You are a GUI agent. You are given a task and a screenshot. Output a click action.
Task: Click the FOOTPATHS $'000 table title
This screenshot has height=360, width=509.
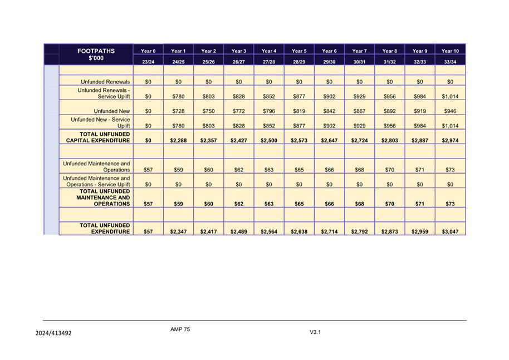[x=96, y=55]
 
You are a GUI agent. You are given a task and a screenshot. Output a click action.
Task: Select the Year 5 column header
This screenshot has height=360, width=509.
[x=299, y=51]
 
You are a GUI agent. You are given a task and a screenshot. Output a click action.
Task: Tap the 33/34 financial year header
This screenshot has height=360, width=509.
[x=450, y=62]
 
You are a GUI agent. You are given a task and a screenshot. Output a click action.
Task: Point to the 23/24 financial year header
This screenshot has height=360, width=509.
[x=148, y=62]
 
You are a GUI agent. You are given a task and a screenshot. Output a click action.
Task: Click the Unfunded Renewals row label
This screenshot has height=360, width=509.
[x=105, y=82]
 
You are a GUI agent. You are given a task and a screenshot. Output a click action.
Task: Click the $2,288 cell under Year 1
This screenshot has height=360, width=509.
[x=178, y=141]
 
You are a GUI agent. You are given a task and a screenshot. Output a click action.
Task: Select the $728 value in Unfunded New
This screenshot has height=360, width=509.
[x=178, y=111]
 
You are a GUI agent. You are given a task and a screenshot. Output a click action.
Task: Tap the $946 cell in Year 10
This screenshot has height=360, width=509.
[x=450, y=111]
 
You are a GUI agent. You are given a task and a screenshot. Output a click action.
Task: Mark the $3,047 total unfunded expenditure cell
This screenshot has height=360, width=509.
[x=450, y=231]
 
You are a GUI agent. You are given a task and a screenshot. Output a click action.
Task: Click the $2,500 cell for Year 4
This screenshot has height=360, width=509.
[x=269, y=141]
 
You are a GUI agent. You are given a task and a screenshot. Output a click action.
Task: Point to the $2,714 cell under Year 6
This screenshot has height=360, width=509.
[x=329, y=231]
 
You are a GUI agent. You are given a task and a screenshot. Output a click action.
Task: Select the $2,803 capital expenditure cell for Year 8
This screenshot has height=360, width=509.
[x=390, y=141]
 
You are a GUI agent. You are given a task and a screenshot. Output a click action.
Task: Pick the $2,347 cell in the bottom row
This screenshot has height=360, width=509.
[x=178, y=231]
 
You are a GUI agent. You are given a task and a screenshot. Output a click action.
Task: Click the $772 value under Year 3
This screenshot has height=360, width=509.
[x=238, y=111]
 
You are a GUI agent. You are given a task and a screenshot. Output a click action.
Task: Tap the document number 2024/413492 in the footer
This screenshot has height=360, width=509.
[x=53, y=333]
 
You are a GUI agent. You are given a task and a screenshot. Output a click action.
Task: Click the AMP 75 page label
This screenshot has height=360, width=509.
[x=180, y=329]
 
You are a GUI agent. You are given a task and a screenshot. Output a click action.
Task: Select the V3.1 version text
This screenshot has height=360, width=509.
[x=316, y=332]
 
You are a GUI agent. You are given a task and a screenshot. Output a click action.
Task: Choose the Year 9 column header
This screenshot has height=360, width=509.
[x=420, y=51]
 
